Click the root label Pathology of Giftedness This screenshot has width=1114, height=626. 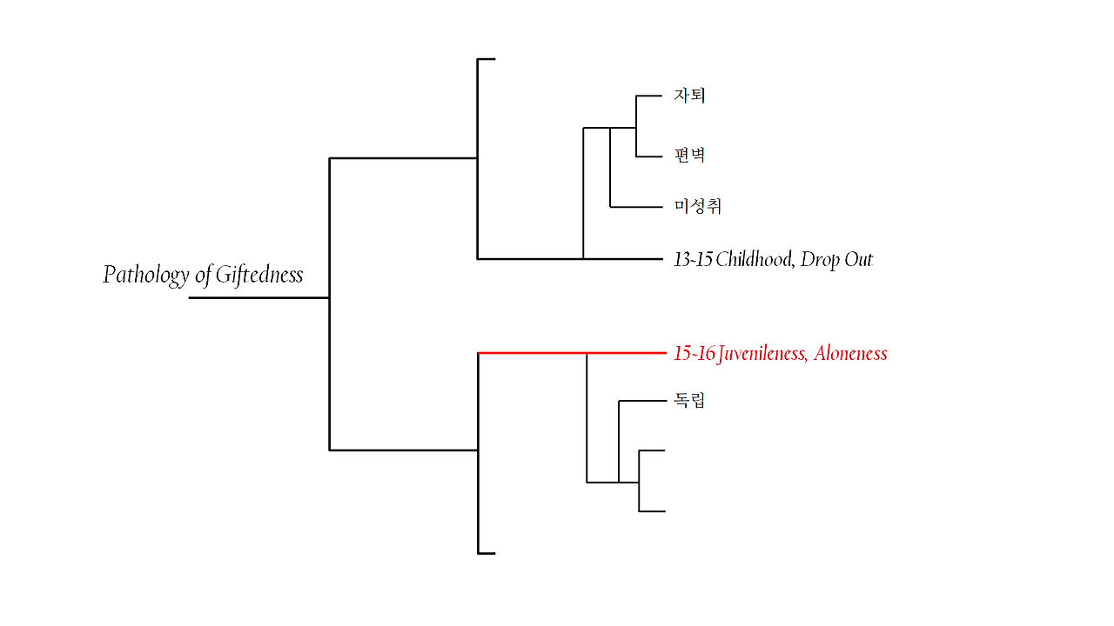(203, 275)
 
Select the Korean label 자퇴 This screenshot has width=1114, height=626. (689, 95)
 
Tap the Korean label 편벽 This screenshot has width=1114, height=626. (689, 156)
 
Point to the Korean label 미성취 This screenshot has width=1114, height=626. (698, 206)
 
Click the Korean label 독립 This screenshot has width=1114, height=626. (689, 401)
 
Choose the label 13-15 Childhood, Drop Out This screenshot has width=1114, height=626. (773, 259)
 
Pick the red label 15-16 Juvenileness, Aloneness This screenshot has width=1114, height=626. (780, 353)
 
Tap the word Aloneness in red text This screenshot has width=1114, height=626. (850, 353)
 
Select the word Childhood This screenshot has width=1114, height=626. (754, 259)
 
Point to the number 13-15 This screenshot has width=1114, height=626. (693, 259)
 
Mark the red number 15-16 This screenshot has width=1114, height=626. (694, 353)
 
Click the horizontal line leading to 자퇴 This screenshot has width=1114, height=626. (651, 95)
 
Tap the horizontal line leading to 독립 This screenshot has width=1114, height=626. (641, 401)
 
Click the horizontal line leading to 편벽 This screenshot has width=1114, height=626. (651, 156)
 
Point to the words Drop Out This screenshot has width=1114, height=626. (836, 259)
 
